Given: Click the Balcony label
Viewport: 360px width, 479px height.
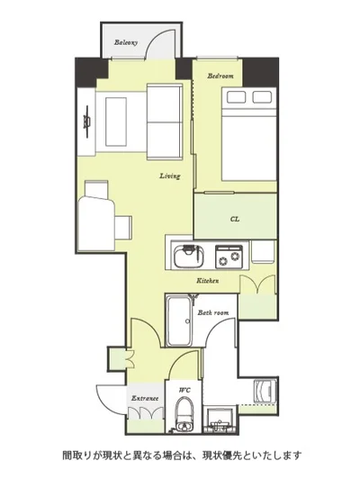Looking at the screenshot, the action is [x=126, y=42].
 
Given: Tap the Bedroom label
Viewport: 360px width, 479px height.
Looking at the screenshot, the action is [x=220, y=76].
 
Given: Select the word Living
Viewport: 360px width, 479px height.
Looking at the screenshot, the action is [x=170, y=176].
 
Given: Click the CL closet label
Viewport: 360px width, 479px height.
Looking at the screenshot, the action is [x=235, y=219].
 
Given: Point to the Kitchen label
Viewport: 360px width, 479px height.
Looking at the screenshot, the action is [x=208, y=280].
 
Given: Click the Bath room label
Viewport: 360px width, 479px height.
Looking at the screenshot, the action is [x=213, y=312].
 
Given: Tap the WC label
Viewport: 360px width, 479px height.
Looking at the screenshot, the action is [x=184, y=390].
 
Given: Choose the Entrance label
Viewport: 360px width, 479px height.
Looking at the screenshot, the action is [x=145, y=398].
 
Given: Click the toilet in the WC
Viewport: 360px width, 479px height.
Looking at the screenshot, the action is [x=184, y=414].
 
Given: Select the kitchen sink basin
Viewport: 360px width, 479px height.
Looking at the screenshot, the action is [x=189, y=256].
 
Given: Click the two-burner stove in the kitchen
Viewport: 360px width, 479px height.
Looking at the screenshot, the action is [x=229, y=257].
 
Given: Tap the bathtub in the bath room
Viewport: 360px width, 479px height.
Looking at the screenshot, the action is [x=180, y=321].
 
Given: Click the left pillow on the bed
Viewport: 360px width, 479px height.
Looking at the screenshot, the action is [x=236, y=97].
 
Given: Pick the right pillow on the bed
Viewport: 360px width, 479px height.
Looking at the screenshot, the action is [x=262, y=97].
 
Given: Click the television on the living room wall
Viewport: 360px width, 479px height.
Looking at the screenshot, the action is [x=87, y=122].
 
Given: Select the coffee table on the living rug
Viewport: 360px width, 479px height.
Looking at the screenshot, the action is [x=116, y=122].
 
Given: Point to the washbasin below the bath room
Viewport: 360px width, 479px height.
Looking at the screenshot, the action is [x=220, y=420].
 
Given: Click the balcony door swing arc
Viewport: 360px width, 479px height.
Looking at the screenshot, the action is [x=159, y=42].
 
